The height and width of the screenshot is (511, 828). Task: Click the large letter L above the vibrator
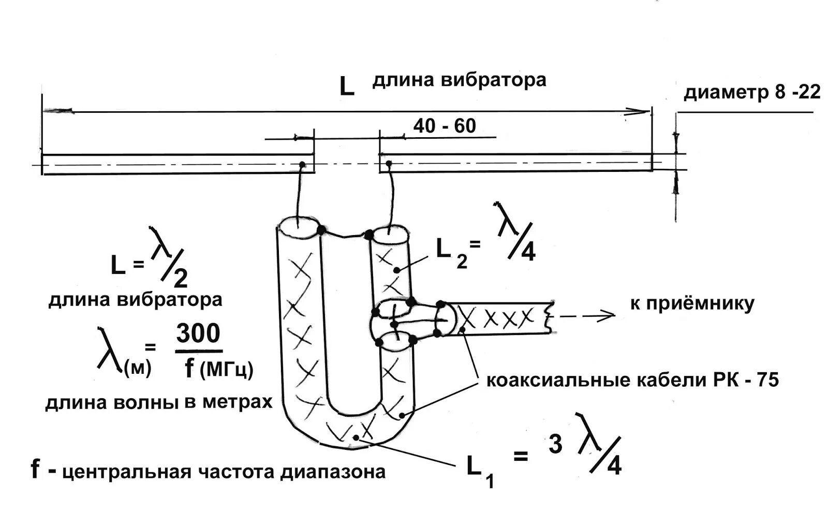[x=346, y=85]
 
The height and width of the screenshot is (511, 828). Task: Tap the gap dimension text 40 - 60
[x=444, y=126]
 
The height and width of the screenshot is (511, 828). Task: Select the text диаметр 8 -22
[x=752, y=93]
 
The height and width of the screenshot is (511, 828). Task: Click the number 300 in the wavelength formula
[x=198, y=334]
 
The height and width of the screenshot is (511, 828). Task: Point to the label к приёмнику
[x=691, y=303]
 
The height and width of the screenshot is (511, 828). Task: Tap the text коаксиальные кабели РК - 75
[x=632, y=381]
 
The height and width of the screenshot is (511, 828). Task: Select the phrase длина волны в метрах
[x=158, y=402]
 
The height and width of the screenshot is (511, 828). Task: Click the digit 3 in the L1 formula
[x=555, y=444]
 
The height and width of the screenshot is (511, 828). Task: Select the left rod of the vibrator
[x=176, y=164]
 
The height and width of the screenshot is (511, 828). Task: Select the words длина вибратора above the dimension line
[x=459, y=80]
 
